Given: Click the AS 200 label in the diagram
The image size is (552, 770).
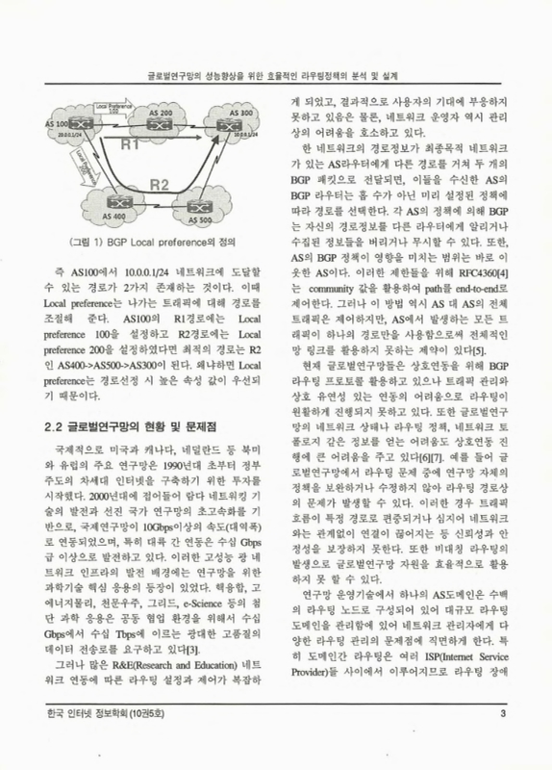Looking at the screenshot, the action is point(163,114).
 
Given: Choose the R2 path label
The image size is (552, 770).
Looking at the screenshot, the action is point(161,184).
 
